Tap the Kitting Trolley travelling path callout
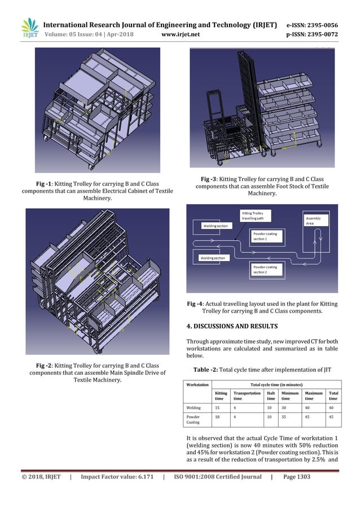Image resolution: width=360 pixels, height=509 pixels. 256,216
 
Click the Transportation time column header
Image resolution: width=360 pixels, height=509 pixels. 247,396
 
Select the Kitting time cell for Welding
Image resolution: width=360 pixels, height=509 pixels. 217,408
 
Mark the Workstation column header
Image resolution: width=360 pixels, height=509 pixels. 198,385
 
